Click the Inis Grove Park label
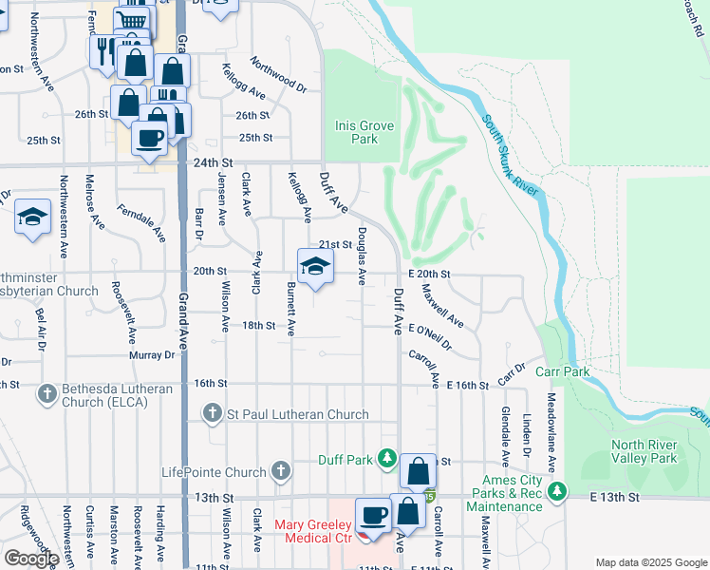pos(356,132)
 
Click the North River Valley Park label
pos(645,451)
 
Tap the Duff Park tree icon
pos(386,460)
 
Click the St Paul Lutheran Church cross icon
pos(214,413)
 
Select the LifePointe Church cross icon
pos(280,471)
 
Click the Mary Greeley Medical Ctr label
pos(313,532)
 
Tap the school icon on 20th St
pos(315,266)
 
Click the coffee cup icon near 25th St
pos(148,137)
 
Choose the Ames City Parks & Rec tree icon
pos(559,491)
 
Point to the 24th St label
pos(214,162)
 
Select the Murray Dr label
pos(157,355)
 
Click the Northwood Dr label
pos(279,74)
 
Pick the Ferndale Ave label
pos(140,221)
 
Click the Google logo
pos(30,558)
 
